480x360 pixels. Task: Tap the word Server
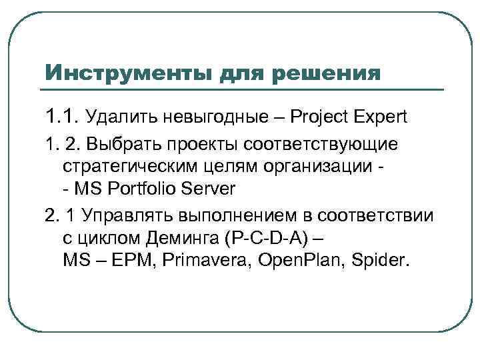click(213, 189)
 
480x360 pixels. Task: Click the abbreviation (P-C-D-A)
click(267, 238)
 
